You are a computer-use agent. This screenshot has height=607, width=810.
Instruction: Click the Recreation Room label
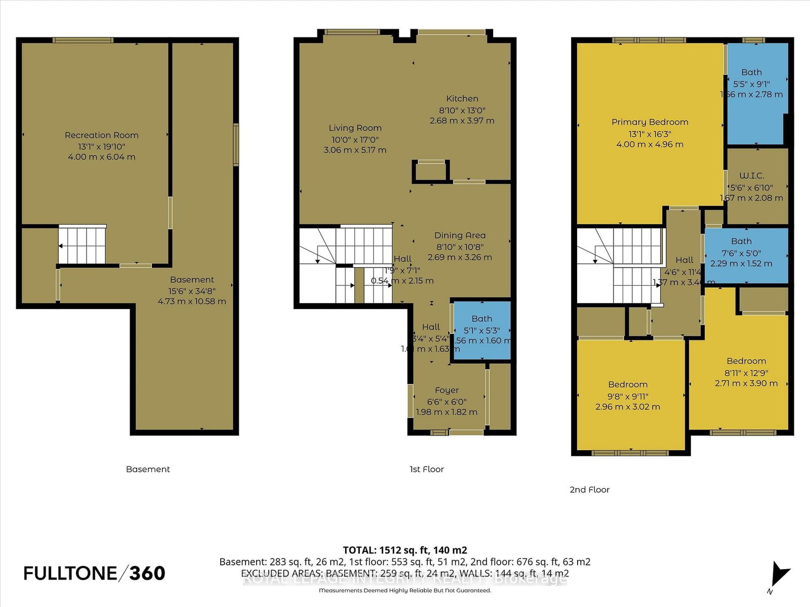tap(101, 135)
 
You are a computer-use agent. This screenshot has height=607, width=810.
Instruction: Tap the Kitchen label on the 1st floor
tap(462, 99)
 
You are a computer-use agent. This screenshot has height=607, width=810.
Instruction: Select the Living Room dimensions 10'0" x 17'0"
tap(355, 140)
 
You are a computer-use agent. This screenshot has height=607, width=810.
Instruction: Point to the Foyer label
tap(447, 390)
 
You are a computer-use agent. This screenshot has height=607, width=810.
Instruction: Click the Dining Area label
tap(460, 235)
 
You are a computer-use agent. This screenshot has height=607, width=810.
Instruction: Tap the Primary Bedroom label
tap(650, 122)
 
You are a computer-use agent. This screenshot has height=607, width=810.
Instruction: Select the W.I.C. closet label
tap(751, 176)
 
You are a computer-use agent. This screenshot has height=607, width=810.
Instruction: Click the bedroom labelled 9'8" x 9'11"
tap(628, 395)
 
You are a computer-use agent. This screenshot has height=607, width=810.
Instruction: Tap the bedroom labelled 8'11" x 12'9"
tap(746, 372)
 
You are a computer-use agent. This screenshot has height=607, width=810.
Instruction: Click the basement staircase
tap(83, 245)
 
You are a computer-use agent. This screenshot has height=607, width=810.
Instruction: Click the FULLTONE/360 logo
tap(94, 573)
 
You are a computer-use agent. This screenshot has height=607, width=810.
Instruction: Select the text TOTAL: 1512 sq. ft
tap(404, 550)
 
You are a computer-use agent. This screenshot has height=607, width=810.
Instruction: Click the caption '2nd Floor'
tap(589, 490)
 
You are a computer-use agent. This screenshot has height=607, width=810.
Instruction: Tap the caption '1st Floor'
tap(426, 469)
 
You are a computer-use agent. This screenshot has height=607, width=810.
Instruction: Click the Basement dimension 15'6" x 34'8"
tap(192, 291)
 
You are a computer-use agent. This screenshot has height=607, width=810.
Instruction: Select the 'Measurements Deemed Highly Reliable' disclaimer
tap(404, 590)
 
